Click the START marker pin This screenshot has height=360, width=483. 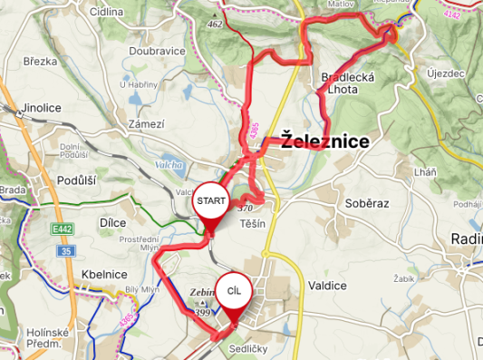[211, 200]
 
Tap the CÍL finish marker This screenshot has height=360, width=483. [234, 290]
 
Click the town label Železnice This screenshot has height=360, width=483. [324, 141]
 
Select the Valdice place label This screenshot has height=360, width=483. [326, 286]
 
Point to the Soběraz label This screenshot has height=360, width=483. [366, 203]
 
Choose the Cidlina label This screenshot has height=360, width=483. [107, 13]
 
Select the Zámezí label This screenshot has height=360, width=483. [146, 123]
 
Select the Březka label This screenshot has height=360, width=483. [41, 62]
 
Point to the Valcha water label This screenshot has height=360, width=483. [169, 165]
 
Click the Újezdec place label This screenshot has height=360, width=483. [447, 72]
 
